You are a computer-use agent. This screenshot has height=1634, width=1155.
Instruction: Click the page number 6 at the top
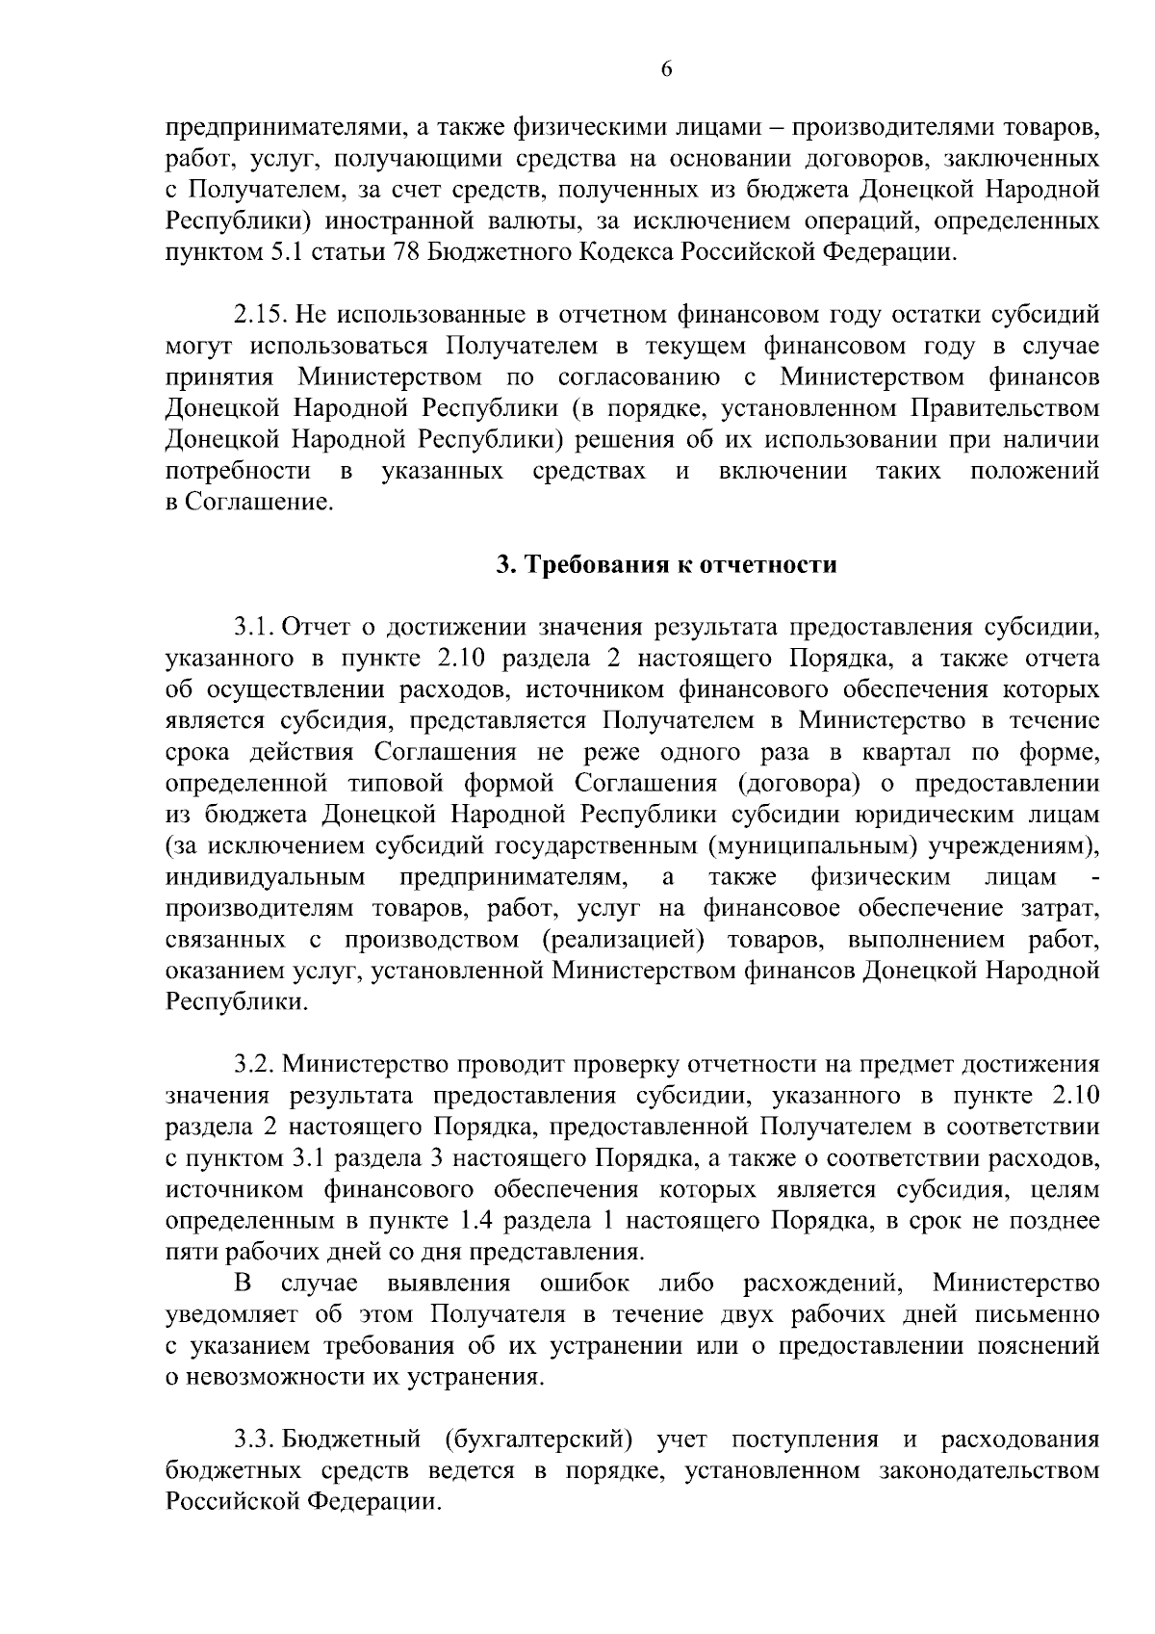click(666, 68)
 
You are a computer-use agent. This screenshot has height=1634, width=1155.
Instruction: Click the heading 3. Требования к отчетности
click(666, 565)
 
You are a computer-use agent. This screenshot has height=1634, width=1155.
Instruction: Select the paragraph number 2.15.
click(260, 315)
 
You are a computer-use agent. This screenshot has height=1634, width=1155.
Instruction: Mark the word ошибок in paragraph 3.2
click(585, 1284)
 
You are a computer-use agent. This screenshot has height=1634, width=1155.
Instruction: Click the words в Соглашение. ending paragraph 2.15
click(250, 503)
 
